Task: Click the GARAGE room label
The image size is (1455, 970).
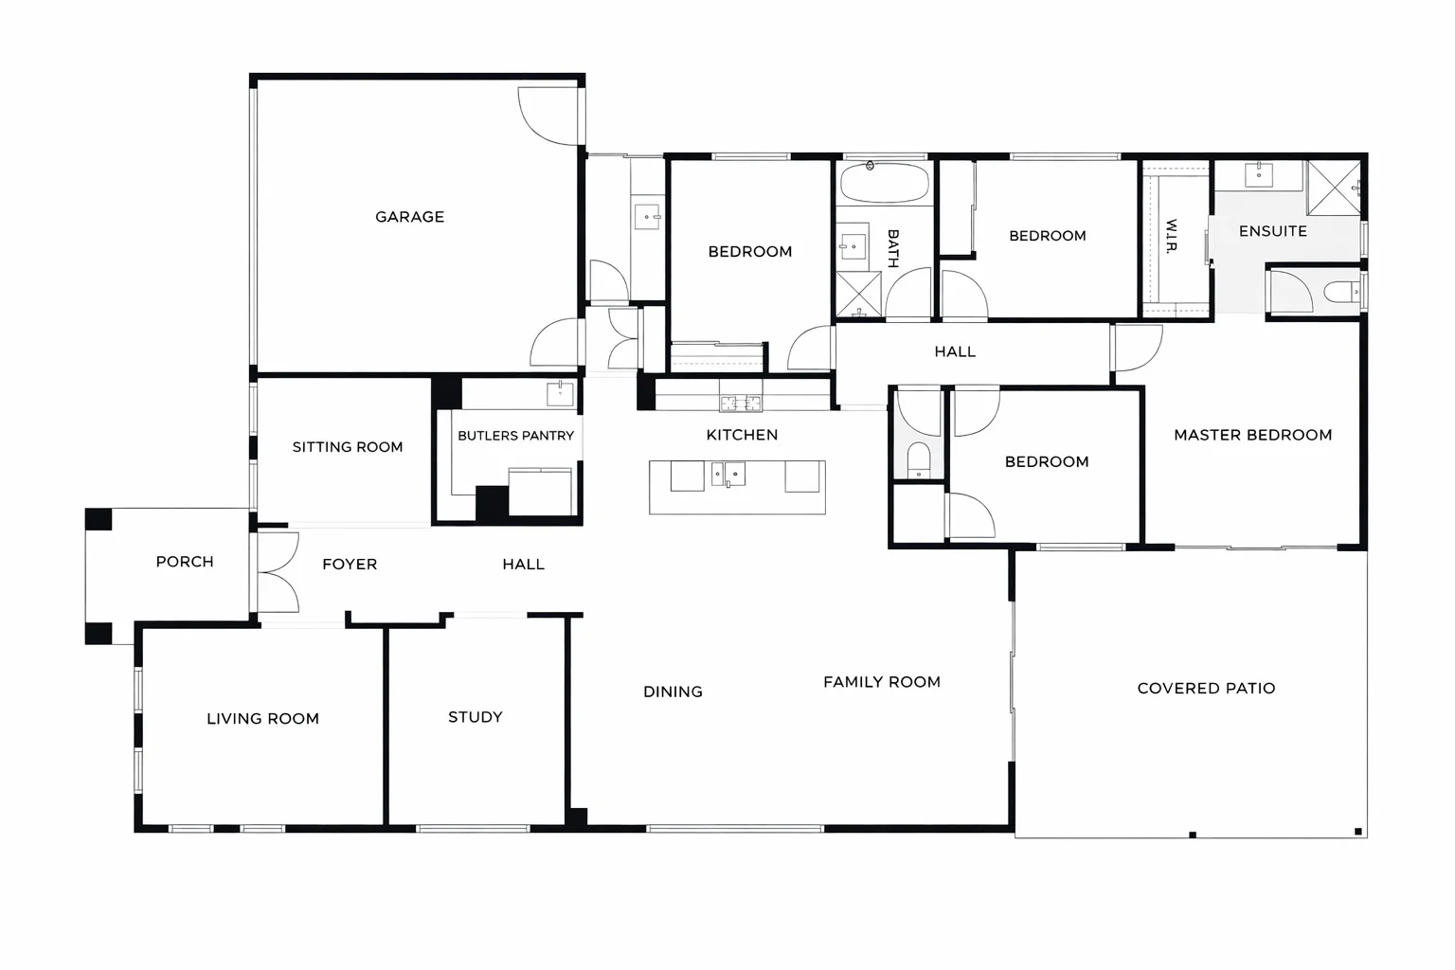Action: point(409,217)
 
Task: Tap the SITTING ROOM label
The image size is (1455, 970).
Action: point(347,447)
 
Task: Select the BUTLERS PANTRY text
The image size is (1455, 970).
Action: point(515,436)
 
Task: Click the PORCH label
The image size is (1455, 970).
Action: point(185,562)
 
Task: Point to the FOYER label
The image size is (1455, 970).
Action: point(350,565)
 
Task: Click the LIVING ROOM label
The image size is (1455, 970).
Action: point(262,719)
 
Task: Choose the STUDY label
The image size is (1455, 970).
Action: point(475,717)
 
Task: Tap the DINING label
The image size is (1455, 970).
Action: point(673,692)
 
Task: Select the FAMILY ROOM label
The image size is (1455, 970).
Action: point(881,682)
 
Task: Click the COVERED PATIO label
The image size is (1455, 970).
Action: point(1206,689)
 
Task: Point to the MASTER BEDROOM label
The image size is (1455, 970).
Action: point(1252,435)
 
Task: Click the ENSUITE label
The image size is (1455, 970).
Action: point(1272,231)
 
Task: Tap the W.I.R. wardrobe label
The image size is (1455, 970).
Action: point(1172,237)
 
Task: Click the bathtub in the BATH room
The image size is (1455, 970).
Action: point(885,183)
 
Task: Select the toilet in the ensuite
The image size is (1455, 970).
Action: point(1341,292)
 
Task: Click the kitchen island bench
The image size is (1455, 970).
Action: point(737,488)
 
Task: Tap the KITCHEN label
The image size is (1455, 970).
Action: point(742,435)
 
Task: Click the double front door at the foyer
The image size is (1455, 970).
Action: point(278,572)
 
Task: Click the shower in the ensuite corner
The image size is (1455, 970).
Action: point(1334,188)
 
